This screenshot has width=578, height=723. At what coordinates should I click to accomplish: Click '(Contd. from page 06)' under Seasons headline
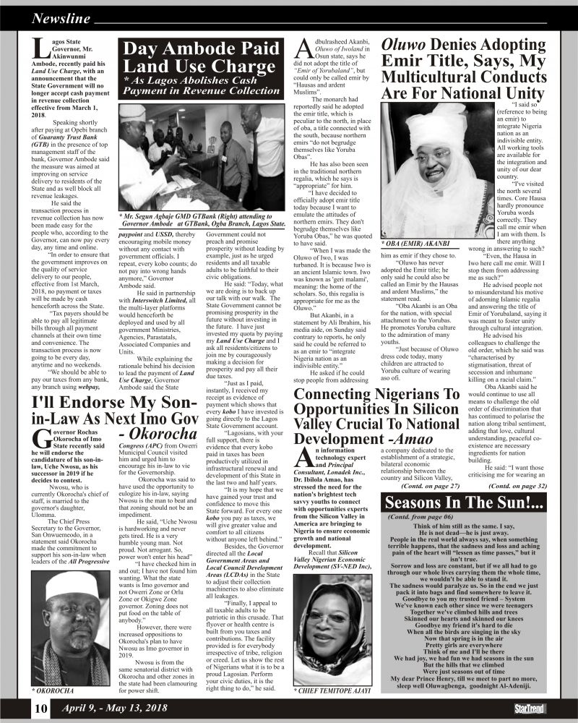[x=416, y=518]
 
